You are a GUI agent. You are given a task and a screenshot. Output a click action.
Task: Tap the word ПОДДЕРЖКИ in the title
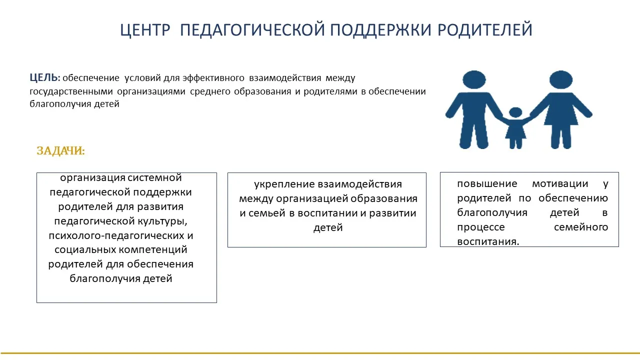[380, 29]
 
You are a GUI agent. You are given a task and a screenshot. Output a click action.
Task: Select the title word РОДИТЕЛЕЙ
[485, 29]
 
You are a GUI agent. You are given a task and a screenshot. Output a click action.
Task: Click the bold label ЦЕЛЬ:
[45, 77]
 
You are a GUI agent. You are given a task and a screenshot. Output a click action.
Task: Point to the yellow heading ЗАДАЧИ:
[61, 150]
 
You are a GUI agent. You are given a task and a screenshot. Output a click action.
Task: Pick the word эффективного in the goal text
[213, 78]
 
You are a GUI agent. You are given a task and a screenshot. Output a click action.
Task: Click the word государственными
[71, 91]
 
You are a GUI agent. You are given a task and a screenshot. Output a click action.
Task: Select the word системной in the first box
[154, 177]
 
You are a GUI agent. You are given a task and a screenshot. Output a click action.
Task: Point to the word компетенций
[153, 250]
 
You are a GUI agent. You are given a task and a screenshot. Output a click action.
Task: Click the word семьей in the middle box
[267, 213]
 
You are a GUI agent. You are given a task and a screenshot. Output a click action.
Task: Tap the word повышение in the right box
[487, 183]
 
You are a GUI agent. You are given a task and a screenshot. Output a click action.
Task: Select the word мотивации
[560, 183]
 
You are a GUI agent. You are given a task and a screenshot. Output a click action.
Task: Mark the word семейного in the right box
[581, 227]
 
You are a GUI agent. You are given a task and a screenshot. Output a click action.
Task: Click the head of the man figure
[474, 79]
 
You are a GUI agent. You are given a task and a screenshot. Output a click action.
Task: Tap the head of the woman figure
[561, 79]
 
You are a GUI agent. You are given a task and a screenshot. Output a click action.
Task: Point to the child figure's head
[515, 112]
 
